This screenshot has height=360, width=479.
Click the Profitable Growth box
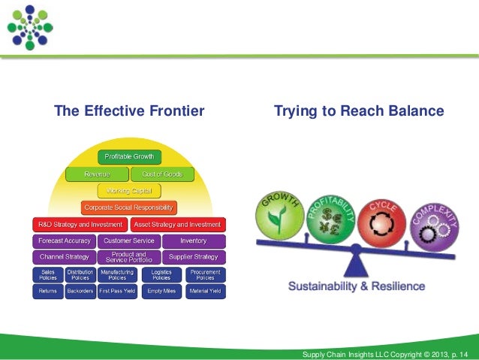(129, 156)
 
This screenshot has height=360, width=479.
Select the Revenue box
(97, 174)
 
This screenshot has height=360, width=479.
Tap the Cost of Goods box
(162, 174)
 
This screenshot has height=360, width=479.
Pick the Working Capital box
(129, 190)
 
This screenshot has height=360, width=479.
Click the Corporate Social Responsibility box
(129, 207)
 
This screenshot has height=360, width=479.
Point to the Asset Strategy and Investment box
(177, 224)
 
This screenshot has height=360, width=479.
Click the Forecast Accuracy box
(64, 241)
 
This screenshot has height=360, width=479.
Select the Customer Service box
(129, 241)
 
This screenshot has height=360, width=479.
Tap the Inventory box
(194, 241)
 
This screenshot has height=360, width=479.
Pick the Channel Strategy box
(64, 257)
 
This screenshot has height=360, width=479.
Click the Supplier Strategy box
(194, 257)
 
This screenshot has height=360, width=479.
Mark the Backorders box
(80, 289)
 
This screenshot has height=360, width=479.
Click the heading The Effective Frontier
(129, 112)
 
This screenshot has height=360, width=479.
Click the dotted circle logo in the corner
(30, 26)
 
